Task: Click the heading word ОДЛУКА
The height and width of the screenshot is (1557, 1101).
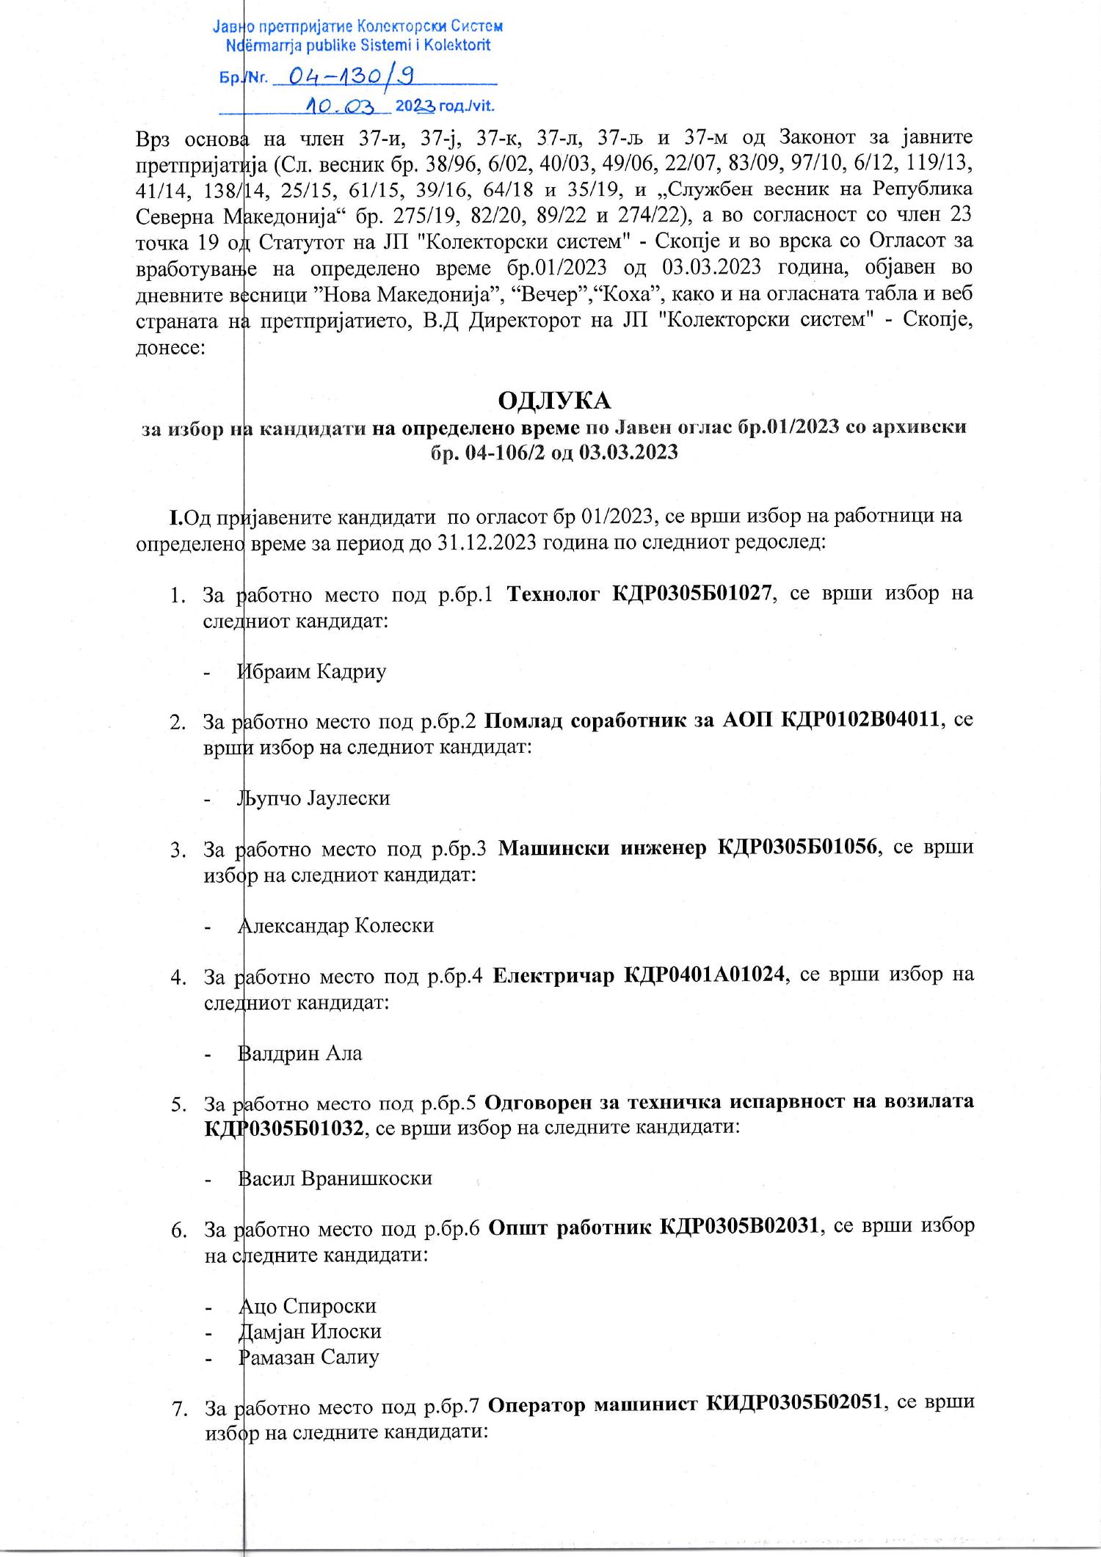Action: pos(554,401)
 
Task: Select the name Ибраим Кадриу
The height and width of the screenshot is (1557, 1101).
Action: pos(312,671)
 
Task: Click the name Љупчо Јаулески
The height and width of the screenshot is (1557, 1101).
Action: pos(313,798)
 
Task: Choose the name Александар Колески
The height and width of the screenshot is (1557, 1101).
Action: pos(335,925)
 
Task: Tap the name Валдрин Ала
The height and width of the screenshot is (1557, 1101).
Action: pos(300,1054)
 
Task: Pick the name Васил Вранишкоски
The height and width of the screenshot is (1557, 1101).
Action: pos(335,1178)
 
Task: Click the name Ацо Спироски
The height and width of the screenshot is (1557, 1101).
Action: pos(308,1306)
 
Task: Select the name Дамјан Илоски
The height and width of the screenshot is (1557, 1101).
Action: pos(310,1332)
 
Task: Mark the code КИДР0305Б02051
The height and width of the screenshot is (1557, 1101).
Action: pos(793,1404)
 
